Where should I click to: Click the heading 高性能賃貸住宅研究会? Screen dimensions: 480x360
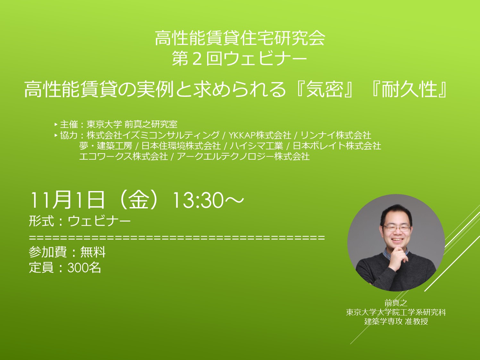click(x=240, y=38)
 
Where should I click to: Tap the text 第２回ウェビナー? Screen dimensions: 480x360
click(x=240, y=58)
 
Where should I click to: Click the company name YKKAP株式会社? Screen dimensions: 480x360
click(x=260, y=135)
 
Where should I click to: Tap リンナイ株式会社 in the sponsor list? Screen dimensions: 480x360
click(x=336, y=135)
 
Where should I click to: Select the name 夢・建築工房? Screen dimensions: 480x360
click(x=106, y=146)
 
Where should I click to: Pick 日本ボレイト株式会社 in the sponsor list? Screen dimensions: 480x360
click(x=337, y=146)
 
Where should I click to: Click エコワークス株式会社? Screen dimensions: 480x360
click(x=123, y=156)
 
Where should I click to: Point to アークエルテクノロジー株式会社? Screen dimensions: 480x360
click(x=243, y=156)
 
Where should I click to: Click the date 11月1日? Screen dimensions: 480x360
click(x=67, y=200)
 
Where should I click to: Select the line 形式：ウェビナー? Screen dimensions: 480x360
click(x=80, y=221)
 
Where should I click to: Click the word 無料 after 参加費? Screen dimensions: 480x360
click(x=93, y=252)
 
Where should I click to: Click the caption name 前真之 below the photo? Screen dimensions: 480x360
click(x=396, y=303)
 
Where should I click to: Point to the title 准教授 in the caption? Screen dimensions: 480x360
click(x=417, y=322)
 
